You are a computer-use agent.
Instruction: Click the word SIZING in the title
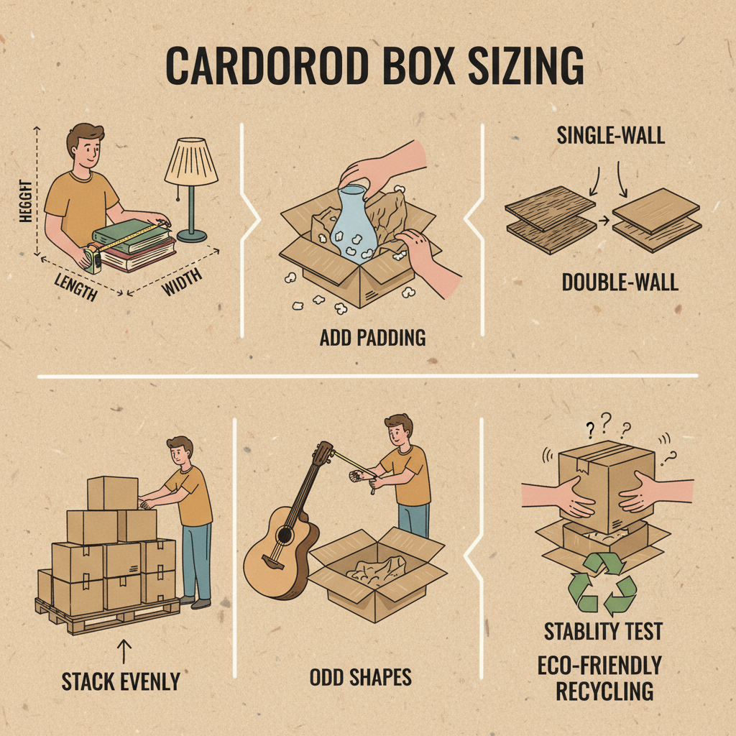525,65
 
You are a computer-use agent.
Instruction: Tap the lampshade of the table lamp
191,160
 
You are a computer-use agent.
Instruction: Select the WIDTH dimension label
182,282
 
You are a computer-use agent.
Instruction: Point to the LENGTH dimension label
76,287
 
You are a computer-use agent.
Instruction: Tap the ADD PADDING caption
373,338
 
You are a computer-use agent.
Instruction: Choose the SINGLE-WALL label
611,136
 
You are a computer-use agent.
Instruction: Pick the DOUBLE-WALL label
620,282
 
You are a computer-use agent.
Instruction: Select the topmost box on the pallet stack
113,493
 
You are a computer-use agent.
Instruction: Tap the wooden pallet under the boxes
108,616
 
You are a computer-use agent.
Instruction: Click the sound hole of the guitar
284,535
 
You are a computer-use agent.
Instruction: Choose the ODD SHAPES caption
361,677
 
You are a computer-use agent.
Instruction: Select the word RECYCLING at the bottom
604,691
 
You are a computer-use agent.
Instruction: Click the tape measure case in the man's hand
93,259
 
